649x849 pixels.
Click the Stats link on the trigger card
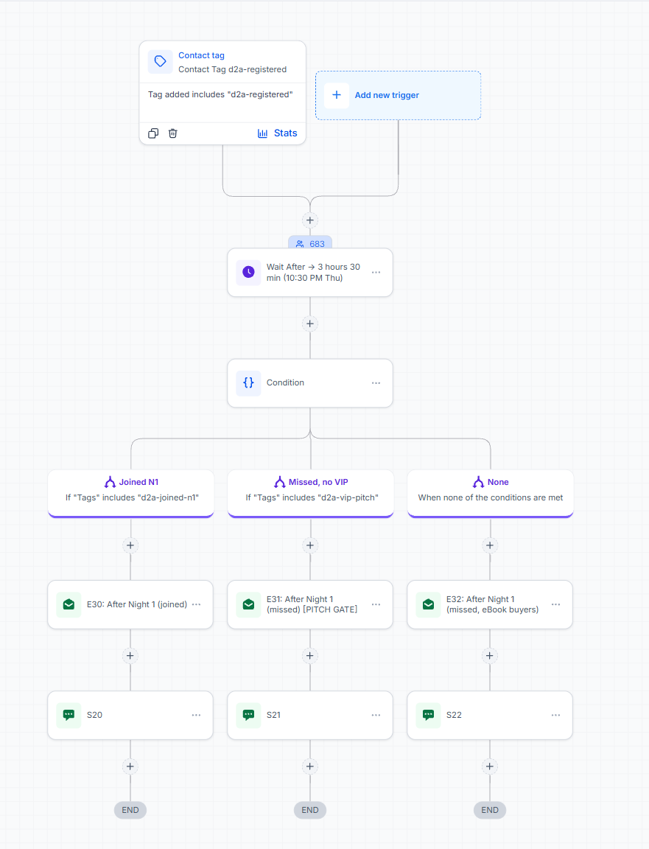[277, 133]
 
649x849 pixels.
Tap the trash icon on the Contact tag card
[172, 133]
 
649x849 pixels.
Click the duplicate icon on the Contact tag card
[153, 133]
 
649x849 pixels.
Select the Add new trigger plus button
[337, 95]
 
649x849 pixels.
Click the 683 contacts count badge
[310, 244]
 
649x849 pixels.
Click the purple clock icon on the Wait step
[248, 272]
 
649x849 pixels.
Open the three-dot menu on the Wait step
[376, 273]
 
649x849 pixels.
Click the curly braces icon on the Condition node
[248, 382]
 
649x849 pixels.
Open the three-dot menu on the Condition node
[376, 382]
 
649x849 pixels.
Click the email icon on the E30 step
[69, 604]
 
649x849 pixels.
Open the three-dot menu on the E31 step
[376, 604]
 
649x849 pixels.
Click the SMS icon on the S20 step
[69, 715]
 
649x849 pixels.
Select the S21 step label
[273, 715]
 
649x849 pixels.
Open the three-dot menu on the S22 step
[556, 715]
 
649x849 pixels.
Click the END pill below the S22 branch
[490, 810]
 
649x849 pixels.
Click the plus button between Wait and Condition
[310, 324]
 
